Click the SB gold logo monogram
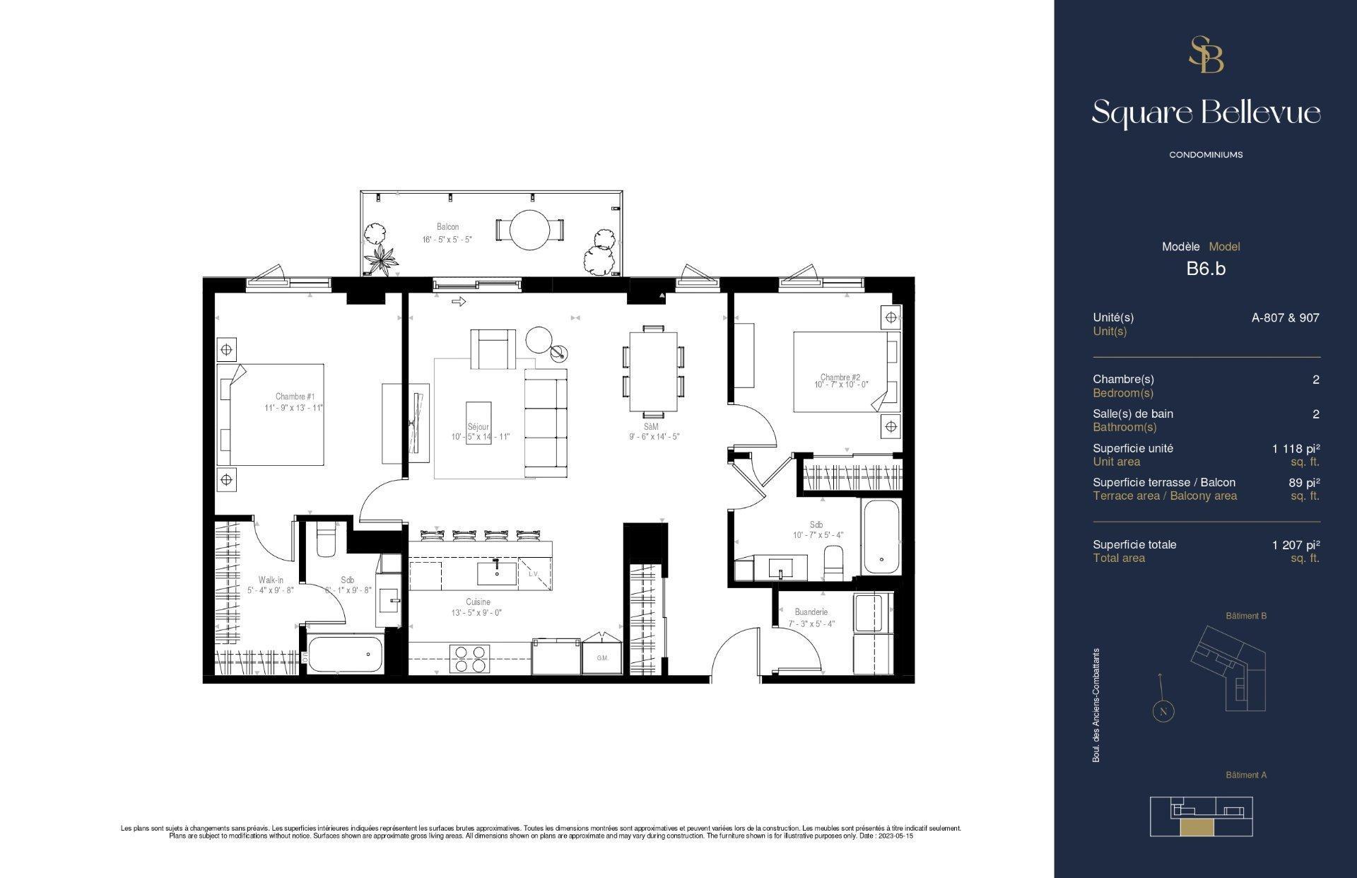tap(1206, 55)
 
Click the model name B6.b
tap(1206, 269)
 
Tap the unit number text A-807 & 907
tap(1285, 318)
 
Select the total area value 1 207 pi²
tap(1296, 545)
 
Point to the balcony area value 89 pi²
tap(1304, 483)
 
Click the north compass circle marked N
tap(1163, 711)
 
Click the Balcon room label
tap(447, 227)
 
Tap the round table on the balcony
tap(529, 230)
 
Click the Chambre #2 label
tap(840, 377)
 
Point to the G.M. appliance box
tap(602, 658)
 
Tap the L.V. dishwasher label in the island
tap(533, 574)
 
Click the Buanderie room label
tap(811, 612)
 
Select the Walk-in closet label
tap(271, 580)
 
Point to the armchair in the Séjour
tap(492, 349)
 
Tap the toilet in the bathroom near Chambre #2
tap(834, 560)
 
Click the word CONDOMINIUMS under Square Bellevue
tap(1206, 155)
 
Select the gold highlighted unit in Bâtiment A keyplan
tap(1196, 829)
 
